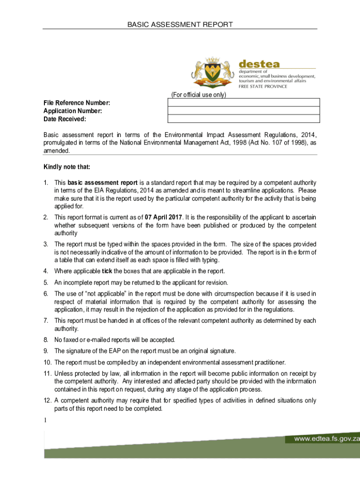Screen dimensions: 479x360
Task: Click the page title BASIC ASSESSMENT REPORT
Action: [x=180, y=24]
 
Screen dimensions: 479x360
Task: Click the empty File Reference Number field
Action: [x=244, y=103]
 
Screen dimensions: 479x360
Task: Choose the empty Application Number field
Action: [x=244, y=111]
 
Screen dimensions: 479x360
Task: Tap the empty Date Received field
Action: [x=244, y=119]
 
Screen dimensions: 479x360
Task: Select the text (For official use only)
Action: [x=199, y=95]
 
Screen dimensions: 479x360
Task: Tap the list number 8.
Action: [x=46, y=340]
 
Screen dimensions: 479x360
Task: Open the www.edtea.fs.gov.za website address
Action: [x=326, y=439]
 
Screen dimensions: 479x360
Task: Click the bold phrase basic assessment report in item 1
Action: [x=102, y=182]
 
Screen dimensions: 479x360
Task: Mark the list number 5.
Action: [x=46, y=283]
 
